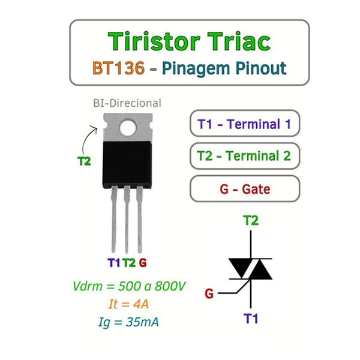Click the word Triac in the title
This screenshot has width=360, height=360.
point(235,41)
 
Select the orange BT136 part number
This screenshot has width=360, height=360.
point(118,68)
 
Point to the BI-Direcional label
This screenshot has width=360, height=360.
point(127,103)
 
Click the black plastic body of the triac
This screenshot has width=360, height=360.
point(126,163)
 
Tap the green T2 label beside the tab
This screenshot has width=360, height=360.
point(85,161)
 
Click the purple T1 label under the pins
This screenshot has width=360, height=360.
point(114,263)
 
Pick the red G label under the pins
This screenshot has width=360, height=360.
point(143,263)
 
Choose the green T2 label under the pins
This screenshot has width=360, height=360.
point(129,263)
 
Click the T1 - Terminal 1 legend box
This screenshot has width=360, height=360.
point(244,125)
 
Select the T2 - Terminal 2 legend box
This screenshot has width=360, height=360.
point(244,157)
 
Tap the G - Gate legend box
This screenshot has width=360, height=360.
point(244,190)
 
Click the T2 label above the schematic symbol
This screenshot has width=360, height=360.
point(251,221)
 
